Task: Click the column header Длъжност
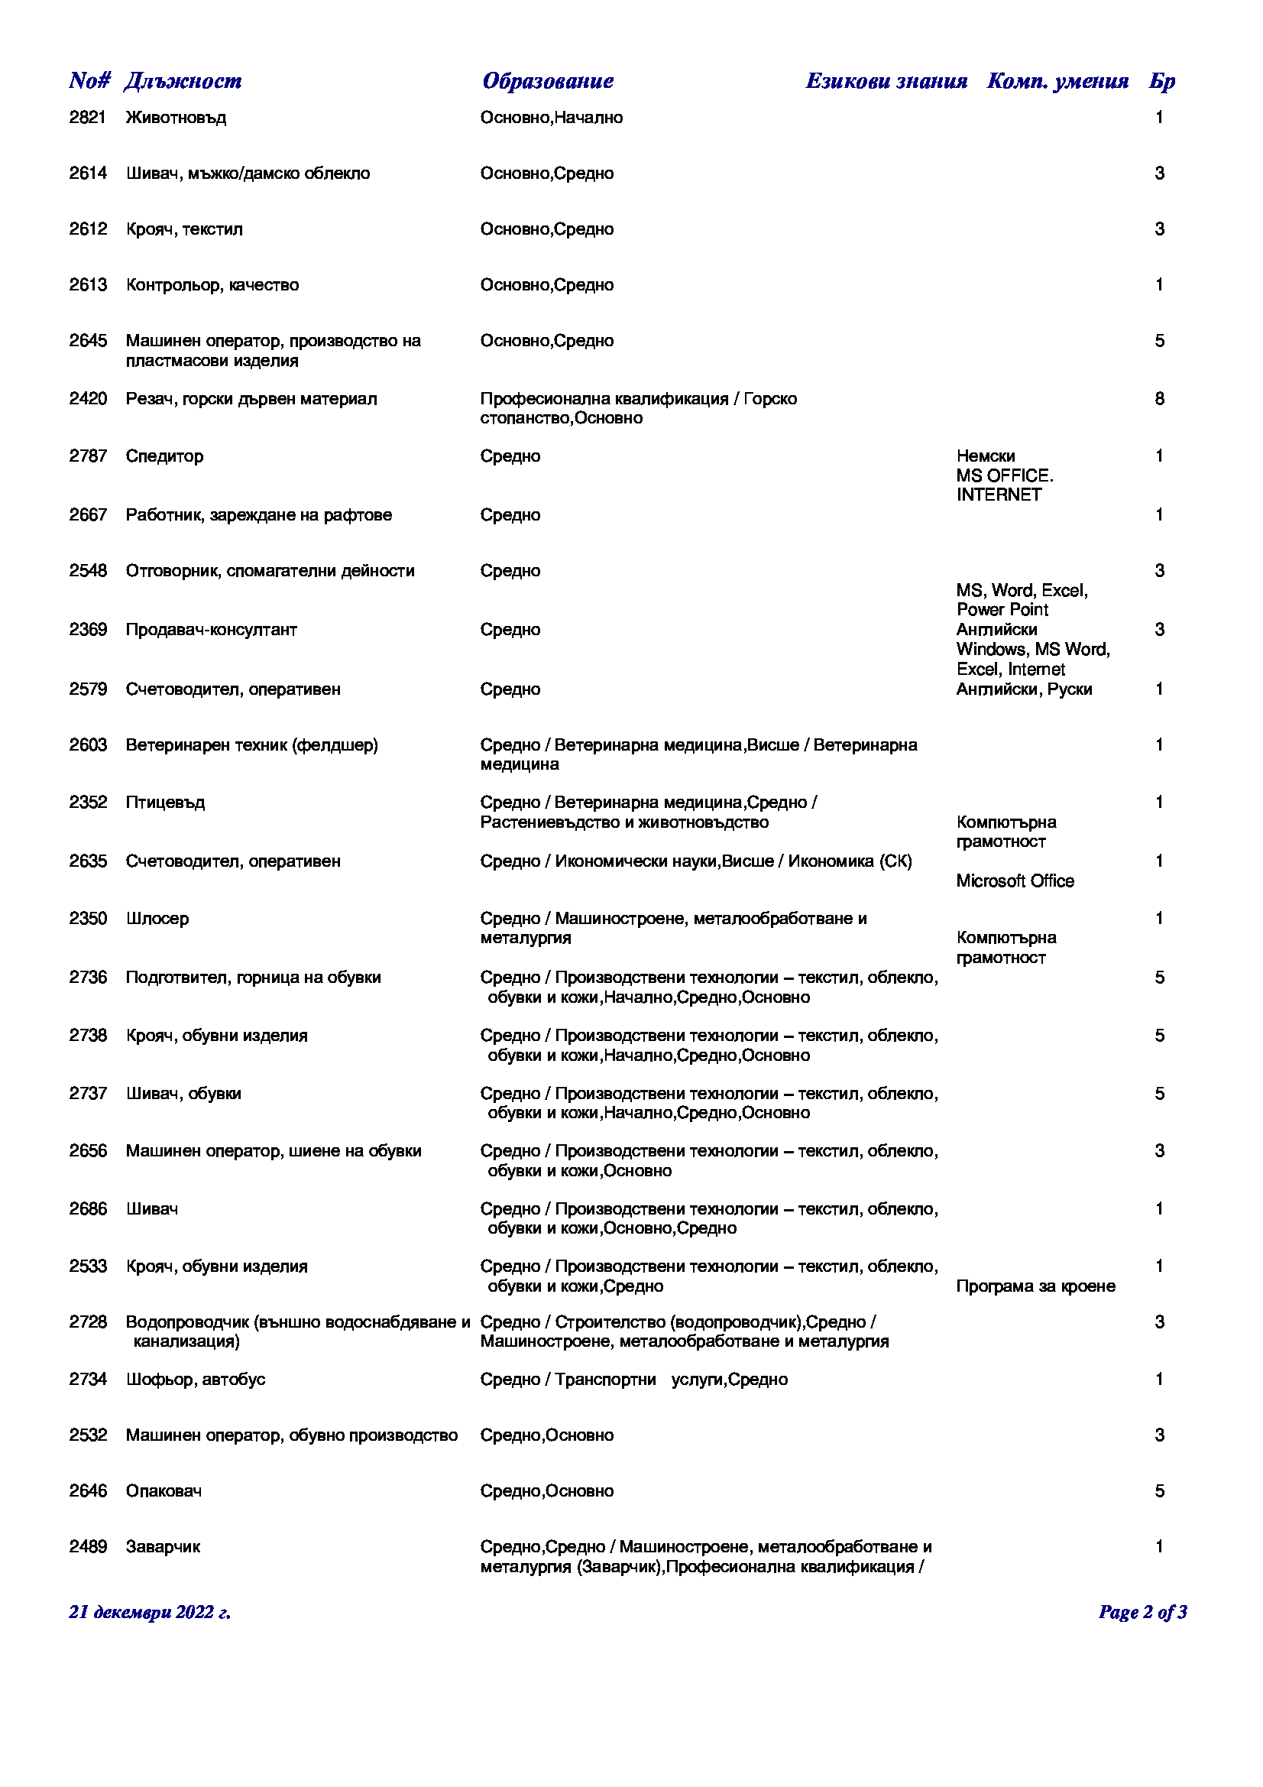point(183,81)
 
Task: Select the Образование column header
point(548,81)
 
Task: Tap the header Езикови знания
point(886,81)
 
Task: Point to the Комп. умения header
point(1057,81)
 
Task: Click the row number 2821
point(87,118)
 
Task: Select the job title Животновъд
point(176,118)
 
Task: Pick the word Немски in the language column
point(985,456)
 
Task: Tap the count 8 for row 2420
point(1160,399)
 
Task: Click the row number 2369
point(87,630)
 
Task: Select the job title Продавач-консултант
point(212,630)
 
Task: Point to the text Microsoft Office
point(1015,881)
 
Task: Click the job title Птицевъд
point(165,803)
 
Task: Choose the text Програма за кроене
point(1036,1286)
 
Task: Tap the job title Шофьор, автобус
point(196,1380)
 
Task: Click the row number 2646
point(87,1491)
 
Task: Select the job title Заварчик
point(164,1547)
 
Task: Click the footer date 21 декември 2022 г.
point(150,1613)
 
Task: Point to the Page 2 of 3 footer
point(1142,1613)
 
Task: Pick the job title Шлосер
point(157,919)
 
